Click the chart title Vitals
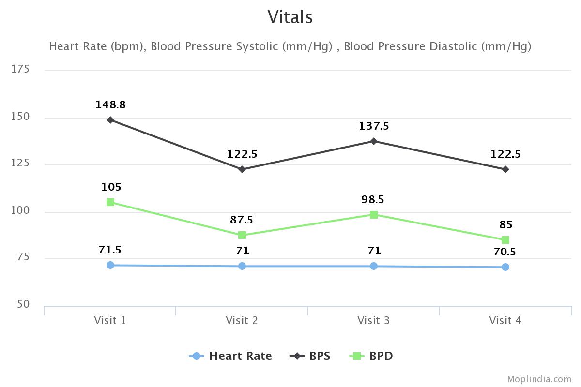(x=290, y=17)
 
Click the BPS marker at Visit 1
(x=110, y=120)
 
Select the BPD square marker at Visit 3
(x=374, y=215)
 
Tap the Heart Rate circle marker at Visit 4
(x=505, y=267)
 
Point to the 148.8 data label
(x=110, y=105)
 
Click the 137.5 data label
(x=374, y=126)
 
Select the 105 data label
(x=111, y=187)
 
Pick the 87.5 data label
(x=242, y=220)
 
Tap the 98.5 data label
(x=373, y=200)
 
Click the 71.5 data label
(x=110, y=250)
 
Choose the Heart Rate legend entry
(x=230, y=357)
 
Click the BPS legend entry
(x=310, y=357)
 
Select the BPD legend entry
(x=371, y=357)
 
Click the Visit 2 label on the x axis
(x=242, y=321)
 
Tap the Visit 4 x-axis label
(x=505, y=321)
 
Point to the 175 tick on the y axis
(x=20, y=70)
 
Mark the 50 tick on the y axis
(x=22, y=305)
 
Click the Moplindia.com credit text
(x=539, y=379)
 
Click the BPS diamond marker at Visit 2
(x=242, y=169)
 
